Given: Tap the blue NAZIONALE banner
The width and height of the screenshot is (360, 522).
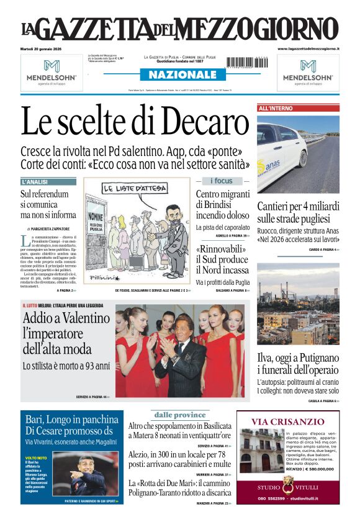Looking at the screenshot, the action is point(178,75).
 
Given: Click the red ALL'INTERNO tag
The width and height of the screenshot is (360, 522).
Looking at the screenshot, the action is point(276,109).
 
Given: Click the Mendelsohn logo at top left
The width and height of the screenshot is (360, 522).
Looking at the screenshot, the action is point(52,73).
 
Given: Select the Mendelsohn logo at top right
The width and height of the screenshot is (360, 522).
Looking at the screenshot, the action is point(308,73).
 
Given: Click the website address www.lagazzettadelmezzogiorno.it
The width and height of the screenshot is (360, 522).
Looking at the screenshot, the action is point(308,48).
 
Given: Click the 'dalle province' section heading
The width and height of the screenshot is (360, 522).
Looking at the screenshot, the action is point(180,415).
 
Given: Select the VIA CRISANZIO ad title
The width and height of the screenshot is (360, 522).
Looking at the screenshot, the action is point(288,422).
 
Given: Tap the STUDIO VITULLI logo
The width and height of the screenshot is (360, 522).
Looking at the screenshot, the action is point(287,485).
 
